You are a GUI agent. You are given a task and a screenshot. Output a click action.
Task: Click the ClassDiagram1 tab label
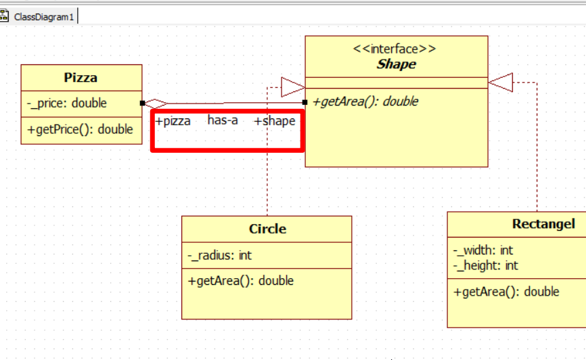pos(43,16)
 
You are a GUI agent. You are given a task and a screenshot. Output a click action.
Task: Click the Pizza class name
pos(81,78)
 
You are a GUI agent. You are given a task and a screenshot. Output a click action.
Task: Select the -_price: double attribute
pos(67,104)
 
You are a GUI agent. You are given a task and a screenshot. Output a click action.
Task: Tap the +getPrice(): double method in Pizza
pos(80,129)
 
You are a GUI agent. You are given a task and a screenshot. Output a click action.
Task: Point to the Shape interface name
pos(396,65)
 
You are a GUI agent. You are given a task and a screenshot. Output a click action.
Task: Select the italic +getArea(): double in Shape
pos(365,102)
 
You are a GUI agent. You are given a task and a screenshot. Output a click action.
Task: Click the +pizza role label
pos(173,121)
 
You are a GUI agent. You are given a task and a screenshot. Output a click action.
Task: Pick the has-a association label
pos(223,120)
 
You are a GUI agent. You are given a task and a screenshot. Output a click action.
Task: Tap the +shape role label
pos(274,121)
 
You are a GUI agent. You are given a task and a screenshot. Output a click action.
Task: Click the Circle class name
pos(267,229)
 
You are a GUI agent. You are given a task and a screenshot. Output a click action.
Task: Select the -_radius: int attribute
pos(220,255)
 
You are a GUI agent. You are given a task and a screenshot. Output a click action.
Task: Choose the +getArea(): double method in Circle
pos(240,280)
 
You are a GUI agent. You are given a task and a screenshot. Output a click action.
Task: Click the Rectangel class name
pos(543,224)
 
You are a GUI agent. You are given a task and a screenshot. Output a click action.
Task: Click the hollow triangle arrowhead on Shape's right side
pos(501,83)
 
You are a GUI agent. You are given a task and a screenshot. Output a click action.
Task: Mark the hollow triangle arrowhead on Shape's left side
pos(292,87)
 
